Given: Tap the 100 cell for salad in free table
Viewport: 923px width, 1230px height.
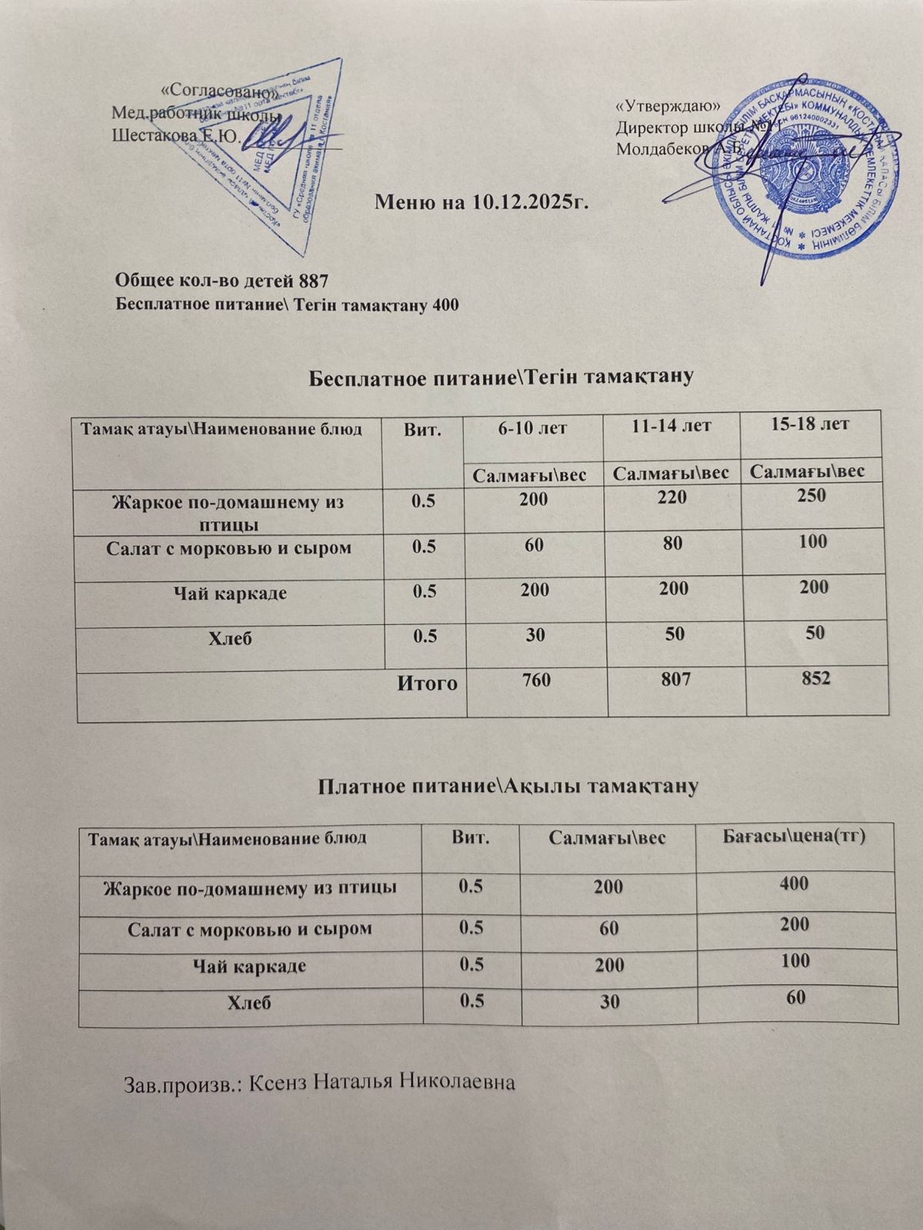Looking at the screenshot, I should coord(812,541).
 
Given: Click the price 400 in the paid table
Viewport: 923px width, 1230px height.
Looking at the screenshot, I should coord(793,884).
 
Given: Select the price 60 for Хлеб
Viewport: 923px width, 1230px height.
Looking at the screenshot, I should coord(796,998).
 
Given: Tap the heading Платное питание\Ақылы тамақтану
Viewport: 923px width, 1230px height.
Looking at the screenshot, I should coord(508,786).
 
